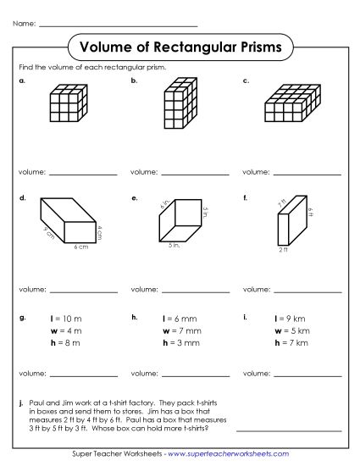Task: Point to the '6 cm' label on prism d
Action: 80,247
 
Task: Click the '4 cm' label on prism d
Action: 99,230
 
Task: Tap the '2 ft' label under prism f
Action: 283,251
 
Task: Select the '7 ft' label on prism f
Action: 281,203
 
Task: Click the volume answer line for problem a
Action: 86,174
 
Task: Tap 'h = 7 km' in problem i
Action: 292,343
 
